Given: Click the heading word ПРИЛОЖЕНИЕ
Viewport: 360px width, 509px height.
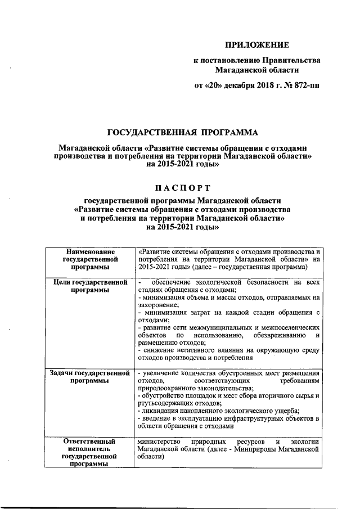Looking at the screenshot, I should pos(256,45).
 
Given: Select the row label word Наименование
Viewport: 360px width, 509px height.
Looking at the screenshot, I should pos(91,251).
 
